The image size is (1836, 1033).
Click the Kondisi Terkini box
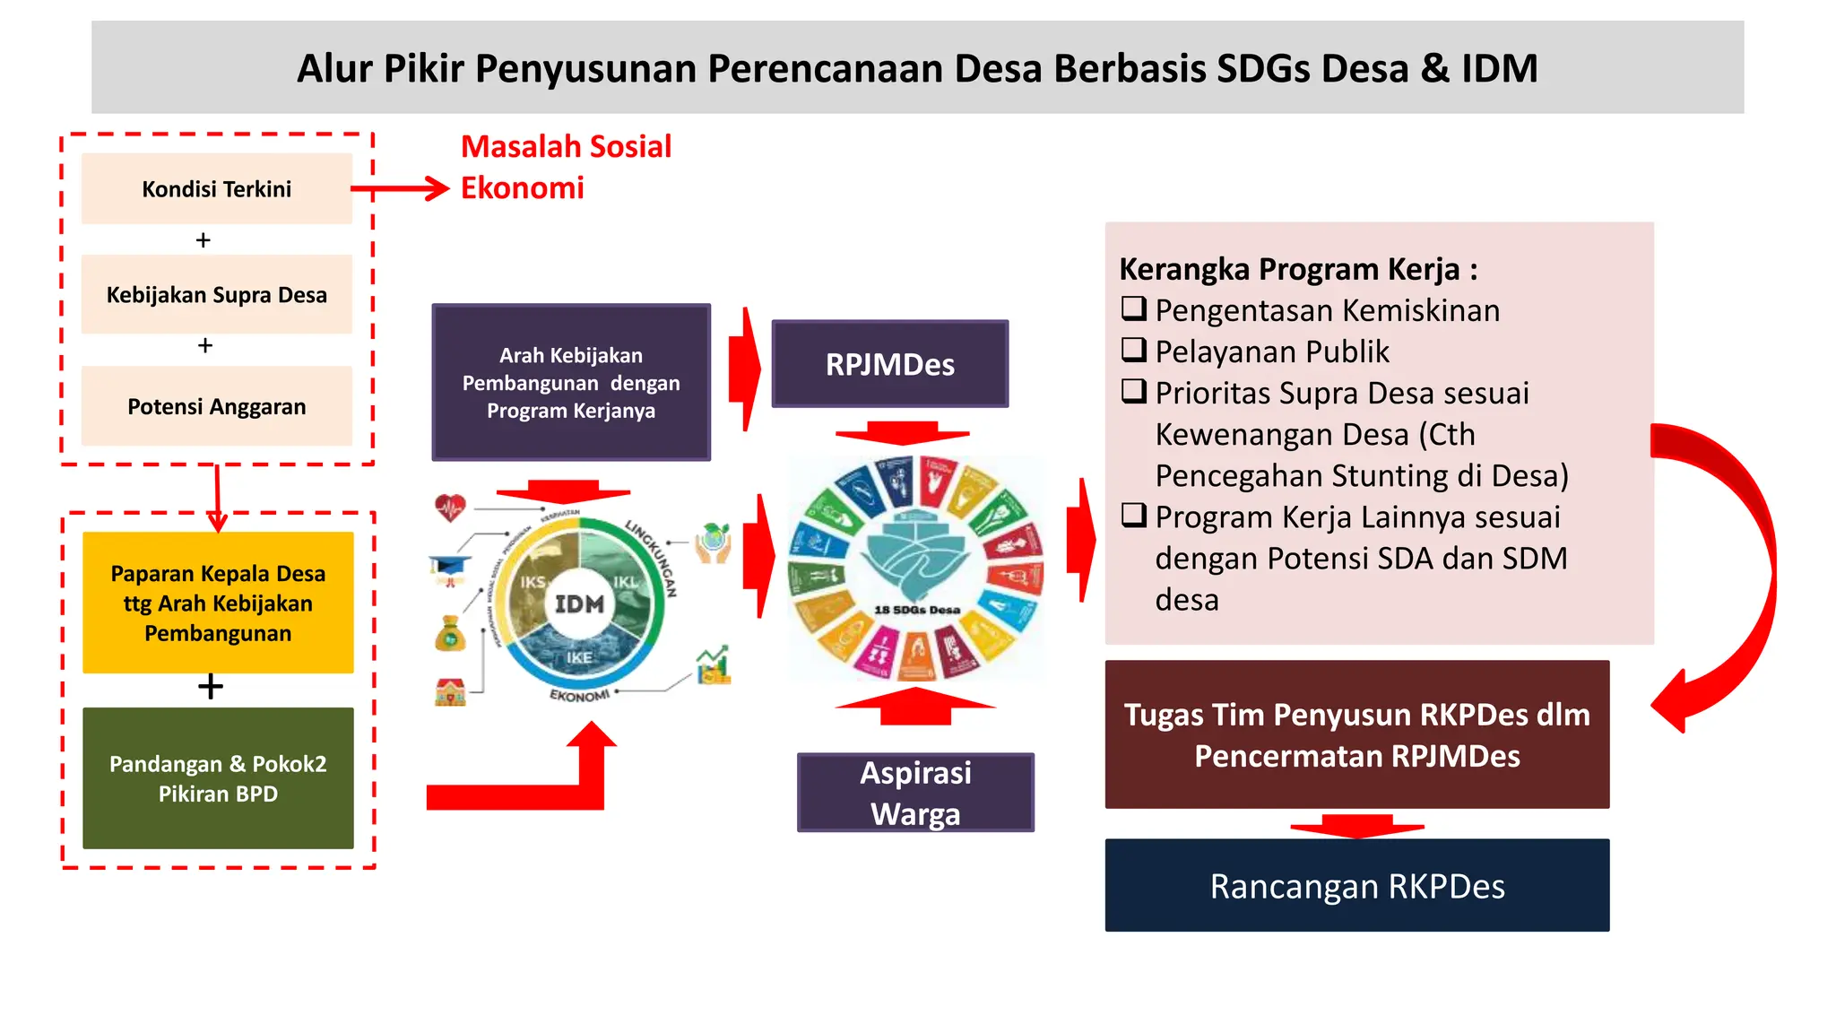tap(216, 188)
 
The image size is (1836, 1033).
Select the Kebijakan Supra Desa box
tap(216, 294)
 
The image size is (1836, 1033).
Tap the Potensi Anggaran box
tap(216, 406)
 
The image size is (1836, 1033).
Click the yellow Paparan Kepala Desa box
tap(218, 603)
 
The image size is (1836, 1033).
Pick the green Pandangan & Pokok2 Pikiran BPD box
tap(218, 777)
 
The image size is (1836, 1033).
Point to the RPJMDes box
tap(889, 364)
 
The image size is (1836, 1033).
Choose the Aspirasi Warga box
tap(915, 793)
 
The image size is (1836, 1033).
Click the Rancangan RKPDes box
tap(1356, 885)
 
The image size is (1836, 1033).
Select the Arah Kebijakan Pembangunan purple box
tap(571, 383)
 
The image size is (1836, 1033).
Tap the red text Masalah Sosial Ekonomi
tap(565, 167)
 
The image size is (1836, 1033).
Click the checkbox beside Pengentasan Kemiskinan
tap(1134, 308)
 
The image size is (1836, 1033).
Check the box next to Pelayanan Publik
tap(1134, 350)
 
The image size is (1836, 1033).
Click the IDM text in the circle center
tap(579, 604)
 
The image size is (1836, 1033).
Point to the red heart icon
tap(450, 508)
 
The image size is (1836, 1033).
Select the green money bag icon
tap(450, 633)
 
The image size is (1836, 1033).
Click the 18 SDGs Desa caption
tap(916, 610)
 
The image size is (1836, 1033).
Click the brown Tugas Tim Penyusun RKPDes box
tap(1356, 734)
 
